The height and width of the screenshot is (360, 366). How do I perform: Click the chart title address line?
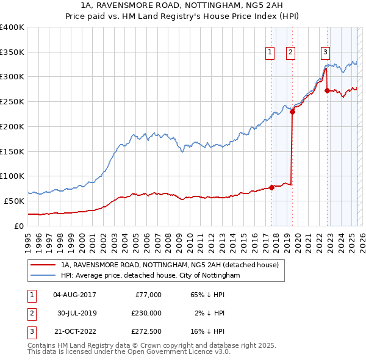point(183,5)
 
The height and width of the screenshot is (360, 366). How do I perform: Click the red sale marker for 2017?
point(271,187)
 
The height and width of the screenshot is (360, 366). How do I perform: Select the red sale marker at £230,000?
point(293,112)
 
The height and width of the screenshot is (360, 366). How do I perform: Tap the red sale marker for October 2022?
point(328,91)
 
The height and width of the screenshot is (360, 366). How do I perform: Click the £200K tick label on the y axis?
point(12,126)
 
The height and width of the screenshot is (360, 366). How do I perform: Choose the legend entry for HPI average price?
point(151,276)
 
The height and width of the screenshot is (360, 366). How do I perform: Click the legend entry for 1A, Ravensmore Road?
point(170,265)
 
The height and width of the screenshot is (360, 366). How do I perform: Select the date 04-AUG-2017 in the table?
point(75,295)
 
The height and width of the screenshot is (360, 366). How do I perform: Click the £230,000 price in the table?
point(146,312)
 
